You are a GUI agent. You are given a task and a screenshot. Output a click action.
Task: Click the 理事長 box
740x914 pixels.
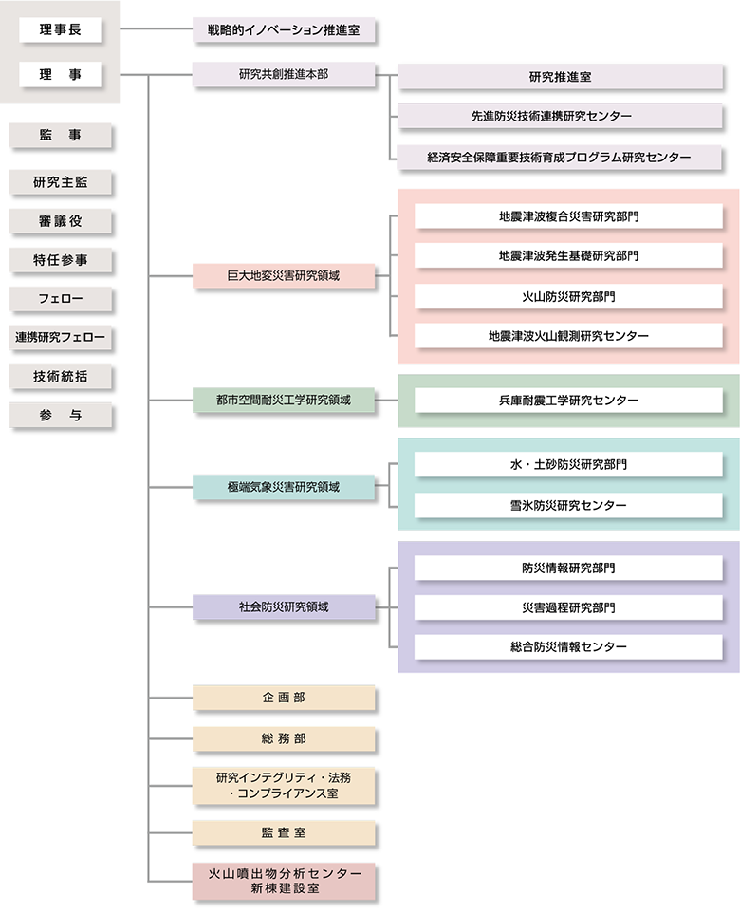[x=61, y=30]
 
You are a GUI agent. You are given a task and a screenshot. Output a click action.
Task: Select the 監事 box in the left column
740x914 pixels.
[x=61, y=136]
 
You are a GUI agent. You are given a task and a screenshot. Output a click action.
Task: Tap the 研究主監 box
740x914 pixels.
[x=61, y=181]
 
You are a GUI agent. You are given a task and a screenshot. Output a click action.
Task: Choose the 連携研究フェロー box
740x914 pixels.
[x=61, y=337]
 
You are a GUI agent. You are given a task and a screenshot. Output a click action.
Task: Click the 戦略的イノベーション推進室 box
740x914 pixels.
[x=285, y=30]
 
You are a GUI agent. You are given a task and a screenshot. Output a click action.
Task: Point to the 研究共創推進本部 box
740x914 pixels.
[x=285, y=74]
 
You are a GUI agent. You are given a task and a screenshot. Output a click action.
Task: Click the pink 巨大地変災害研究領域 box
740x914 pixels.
[x=285, y=276]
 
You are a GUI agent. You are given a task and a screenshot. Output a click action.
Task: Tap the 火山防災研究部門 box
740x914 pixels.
[x=568, y=296]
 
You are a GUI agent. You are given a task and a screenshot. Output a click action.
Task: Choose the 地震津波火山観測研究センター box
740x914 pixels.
[x=568, y=336]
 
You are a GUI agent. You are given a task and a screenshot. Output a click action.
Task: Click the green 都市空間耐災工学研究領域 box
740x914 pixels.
[x=285, y=400]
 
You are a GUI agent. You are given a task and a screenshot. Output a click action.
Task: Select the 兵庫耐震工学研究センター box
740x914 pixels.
[x=568, y=401]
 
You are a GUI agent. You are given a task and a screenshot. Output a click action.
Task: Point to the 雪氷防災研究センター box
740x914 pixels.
[x=568, y=506]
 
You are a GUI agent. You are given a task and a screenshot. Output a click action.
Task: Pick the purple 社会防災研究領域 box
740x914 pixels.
[x=285, y=607]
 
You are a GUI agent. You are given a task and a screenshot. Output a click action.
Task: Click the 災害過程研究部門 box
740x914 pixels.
[x=568, y=607]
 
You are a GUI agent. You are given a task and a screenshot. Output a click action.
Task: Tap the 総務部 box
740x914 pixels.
[x=285, y=738]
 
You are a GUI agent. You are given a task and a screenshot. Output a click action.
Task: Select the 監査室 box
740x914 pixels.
[x=285, y=832]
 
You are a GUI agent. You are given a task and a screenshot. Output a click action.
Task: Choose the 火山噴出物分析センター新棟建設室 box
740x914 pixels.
[x=285, y=882]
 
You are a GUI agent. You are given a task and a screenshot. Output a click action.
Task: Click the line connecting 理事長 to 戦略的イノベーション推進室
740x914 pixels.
[x=157, y=30]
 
